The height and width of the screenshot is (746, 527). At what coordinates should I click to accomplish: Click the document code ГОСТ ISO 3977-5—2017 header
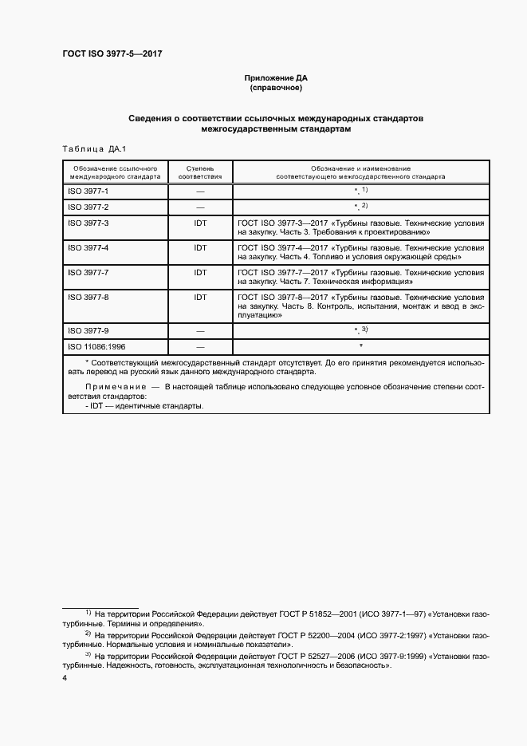[x=112, y=54]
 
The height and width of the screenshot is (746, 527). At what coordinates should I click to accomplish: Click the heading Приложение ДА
[x=276, y=77]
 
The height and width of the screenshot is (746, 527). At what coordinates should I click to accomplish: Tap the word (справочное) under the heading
[x=276, y=88]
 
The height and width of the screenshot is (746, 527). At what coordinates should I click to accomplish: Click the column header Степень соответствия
[x=199, y=172]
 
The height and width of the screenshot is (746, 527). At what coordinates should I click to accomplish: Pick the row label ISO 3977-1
[x=88, y=192]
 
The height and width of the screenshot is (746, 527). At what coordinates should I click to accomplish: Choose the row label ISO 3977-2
[x=88, y=207]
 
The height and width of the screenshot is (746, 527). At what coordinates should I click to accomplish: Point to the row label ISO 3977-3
[x=88, y=223]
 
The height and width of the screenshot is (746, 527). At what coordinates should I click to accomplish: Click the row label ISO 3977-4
[x=88, y=248]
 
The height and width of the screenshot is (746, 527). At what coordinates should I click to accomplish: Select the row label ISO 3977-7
[x=88, y=273]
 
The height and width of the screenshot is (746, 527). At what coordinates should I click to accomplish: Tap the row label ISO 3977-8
[x=88, y=297]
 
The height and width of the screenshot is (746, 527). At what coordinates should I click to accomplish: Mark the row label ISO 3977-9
[x=88, y=330]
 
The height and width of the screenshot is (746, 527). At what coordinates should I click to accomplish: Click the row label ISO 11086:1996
[x=97, y=346]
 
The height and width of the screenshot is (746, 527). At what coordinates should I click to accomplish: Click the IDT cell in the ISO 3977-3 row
[x=200, y=223]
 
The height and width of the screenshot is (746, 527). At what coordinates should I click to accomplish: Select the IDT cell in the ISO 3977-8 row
[x=200, y=297]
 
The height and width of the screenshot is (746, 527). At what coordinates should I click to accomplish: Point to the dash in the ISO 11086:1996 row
[x=200, y=346]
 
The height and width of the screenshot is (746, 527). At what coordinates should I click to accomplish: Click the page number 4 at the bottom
[x=65, y=678]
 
